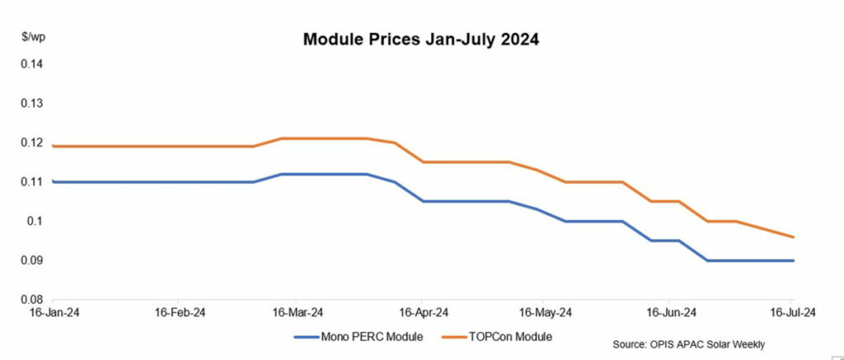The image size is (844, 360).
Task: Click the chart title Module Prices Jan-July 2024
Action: click(x=420, y=40)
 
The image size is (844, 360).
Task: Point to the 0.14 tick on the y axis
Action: click(x=32, y=64)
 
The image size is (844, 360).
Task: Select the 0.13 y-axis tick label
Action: click(x=32, y=103)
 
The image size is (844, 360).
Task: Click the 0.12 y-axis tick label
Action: click(x=32, y=143)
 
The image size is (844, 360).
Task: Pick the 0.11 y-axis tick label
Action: click(x=32, y=182)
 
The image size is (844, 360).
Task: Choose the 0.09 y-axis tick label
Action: click(x=32, y=260)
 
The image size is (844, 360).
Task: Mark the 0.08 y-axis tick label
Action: click(x=32, y=300)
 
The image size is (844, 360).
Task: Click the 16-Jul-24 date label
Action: click(x=793, y=313)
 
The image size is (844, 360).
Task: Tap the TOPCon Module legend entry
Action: click(x=496, y=338)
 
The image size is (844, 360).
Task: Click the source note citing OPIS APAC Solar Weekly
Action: click(x=688, y=344)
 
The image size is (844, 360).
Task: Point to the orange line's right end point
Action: click(x=794, y=236)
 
